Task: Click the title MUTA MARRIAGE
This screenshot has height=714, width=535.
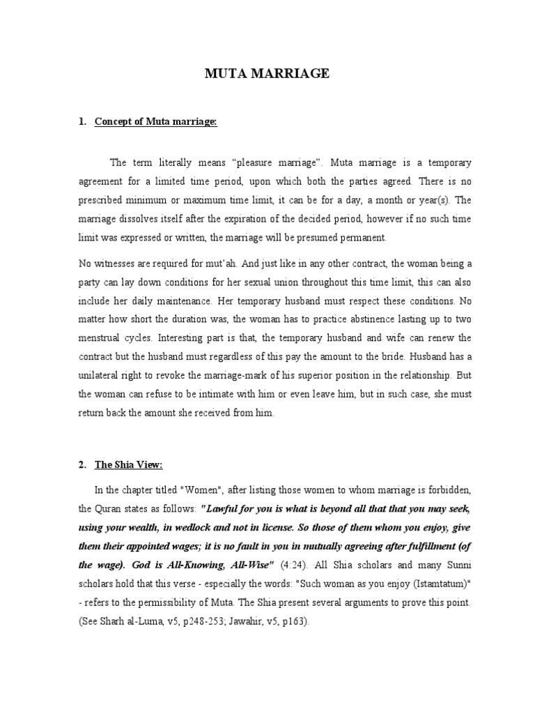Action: tap(267, 73)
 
